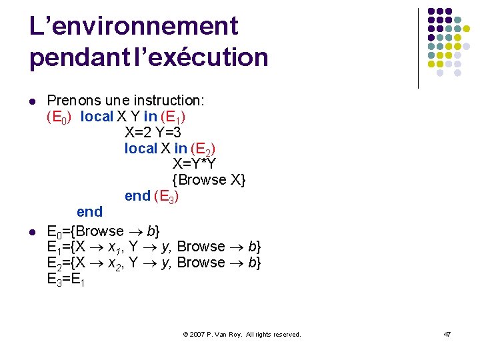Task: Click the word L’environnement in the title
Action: click(x=133, y=27)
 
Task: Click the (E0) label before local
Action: click(x=59, y=117)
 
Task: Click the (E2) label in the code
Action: click(x=203, y=149)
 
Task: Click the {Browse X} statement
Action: click(x=208, y=180)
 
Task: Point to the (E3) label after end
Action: click(x=167, y=197)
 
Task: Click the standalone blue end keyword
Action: click(x=89, y=212)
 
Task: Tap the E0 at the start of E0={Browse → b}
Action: click(x=55, y=232)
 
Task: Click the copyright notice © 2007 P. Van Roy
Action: click(x=242, y=334)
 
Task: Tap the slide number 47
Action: click(x=447, y=334)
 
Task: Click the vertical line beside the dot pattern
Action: click(x=418, y=48)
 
